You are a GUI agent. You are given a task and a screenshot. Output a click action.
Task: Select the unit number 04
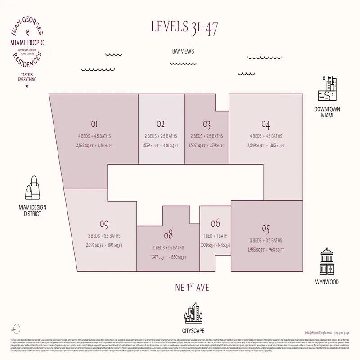click(265, 125)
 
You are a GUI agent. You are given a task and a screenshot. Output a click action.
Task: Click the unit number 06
click(215, 223)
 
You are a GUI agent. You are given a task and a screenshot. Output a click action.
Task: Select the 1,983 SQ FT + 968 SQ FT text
click(265, 249)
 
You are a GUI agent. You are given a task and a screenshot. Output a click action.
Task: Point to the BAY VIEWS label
click(183, 52)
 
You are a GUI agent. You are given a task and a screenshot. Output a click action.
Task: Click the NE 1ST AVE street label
click(183, 286)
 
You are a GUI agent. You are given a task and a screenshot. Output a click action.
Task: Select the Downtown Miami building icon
click(327, 90)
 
